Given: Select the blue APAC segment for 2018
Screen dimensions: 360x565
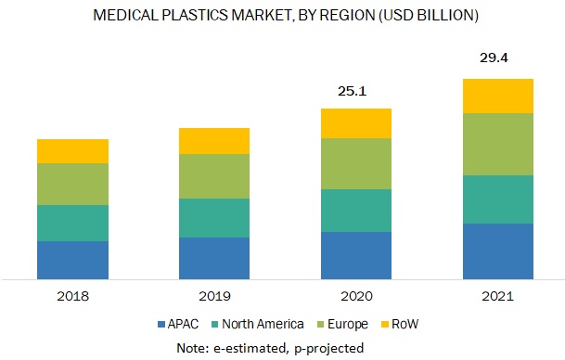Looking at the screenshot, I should coord(72,260).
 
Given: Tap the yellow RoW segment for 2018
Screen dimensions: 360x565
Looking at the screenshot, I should coord(72,151).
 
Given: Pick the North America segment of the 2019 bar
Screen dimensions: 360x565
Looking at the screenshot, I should coord(214,218).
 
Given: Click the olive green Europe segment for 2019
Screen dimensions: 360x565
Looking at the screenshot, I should coord(214,176).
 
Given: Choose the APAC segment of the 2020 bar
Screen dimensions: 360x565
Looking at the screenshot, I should coord(356,255).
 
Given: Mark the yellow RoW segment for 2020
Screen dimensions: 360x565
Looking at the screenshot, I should coord(356,123).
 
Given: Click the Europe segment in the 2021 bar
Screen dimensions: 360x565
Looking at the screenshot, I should coord(497,144).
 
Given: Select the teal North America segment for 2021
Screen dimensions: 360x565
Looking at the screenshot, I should coord(497,199).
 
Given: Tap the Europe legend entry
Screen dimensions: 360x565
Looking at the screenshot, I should coord(342,324).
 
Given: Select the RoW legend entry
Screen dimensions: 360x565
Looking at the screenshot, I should coord(398,324).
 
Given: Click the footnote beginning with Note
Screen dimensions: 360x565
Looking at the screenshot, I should coord(282,346).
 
